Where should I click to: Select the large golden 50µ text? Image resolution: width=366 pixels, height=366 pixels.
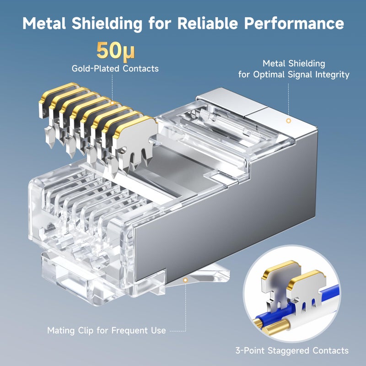(116, 51)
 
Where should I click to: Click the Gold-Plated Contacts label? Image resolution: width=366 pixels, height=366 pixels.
(115, 69)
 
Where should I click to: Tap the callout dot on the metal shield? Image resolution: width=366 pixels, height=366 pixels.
(288, 121)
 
